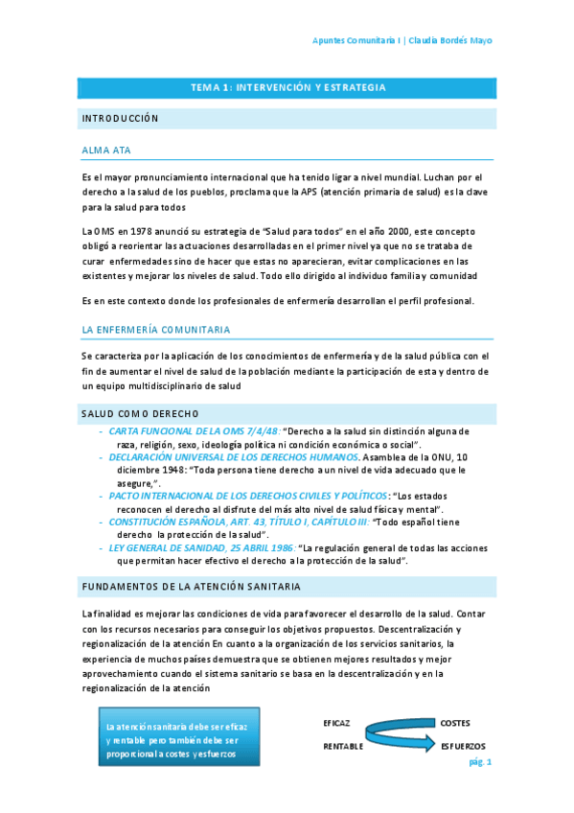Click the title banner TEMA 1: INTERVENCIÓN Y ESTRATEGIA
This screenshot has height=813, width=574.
tap(287, 88)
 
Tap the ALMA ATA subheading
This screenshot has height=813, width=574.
tap(106, 151)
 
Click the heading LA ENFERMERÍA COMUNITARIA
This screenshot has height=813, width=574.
tap(155, 330)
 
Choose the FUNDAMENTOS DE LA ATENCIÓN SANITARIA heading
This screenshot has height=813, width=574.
tap(191, 586)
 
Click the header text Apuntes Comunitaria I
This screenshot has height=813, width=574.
tap(356, 40)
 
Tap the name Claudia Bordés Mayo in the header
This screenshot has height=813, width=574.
tap(451, 40)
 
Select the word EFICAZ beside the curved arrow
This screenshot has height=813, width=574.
tap(336, 722)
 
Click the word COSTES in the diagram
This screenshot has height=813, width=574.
tap(454, 722)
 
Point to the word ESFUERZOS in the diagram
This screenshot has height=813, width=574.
tap(463, 746)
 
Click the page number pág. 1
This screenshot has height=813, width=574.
tap(479, 761)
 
